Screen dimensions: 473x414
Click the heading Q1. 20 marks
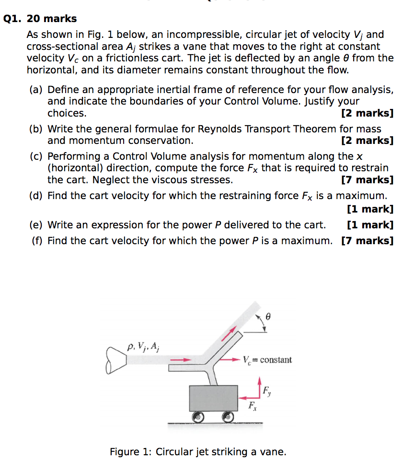(x=40, y=19)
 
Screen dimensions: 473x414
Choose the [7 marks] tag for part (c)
(x=367, y=180)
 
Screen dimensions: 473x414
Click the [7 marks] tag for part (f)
(x=367, y=240)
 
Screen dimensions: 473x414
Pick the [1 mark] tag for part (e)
(x=369, y=225)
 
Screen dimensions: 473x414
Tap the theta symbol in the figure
(x=268, y=317)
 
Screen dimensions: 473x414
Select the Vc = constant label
(x=267, y=359)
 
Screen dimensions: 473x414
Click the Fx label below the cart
(x=252, y=407)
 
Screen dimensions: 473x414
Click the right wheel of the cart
(x=229, y=418)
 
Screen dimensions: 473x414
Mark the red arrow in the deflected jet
(x=231, y=333)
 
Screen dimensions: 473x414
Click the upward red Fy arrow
(x=259, y=388)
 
